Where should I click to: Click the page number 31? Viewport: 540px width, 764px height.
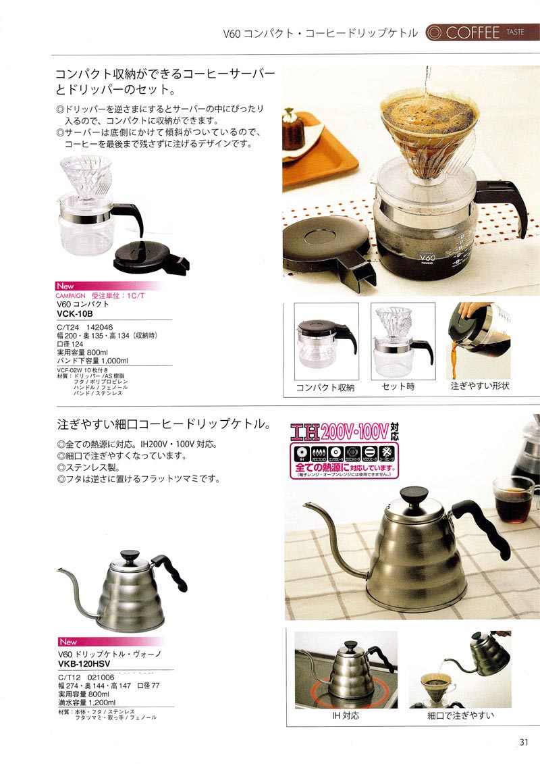point(523,742)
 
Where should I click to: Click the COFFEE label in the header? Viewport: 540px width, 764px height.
point(473,32)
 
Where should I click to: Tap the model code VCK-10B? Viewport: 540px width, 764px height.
point(75,314)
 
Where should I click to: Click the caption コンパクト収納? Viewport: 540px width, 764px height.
point(326,388)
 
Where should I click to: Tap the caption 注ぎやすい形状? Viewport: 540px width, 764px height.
point(480,387)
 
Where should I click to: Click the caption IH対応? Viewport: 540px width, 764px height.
point(346,715)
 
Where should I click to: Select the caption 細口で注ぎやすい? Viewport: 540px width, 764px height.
point(461,715)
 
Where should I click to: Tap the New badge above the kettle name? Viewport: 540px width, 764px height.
point(68,642)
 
